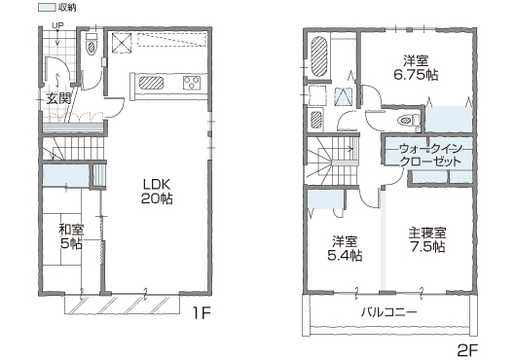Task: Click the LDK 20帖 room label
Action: [157, 191]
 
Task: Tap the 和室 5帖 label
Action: [71, 236]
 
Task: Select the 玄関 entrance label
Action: [58, 98]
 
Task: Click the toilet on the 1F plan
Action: [92, 44]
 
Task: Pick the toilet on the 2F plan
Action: [409, 120]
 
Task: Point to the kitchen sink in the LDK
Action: [151, 83]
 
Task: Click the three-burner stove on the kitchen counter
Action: [192, 83]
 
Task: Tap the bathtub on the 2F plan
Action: [319, 56]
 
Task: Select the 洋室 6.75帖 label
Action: [416, 68]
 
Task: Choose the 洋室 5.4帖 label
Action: [345, 248]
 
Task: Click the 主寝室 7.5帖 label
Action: [427, 239]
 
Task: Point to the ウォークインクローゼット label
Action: [430, 156]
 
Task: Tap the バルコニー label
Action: [389, 311]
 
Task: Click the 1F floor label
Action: [202, 313]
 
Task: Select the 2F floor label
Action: [467, 350]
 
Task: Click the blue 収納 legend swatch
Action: [47, 7]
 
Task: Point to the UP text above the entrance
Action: [57, 25]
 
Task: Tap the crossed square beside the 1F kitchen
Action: [122, 43]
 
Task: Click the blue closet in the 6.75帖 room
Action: [449, 119]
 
